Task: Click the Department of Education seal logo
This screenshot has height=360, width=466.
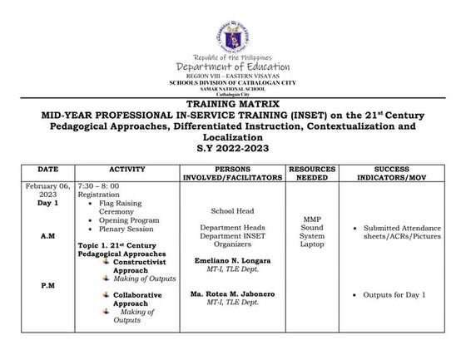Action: pos(233,29)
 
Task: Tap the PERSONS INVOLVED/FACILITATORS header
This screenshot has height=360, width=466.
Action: pos(232,172)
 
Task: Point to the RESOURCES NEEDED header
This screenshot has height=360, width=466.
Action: pos(311,172)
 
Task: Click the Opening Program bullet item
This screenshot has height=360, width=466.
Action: pos(124,219)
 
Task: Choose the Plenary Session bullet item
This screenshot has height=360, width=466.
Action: pos(122,229)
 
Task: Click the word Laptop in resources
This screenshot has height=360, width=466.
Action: pos(311,245)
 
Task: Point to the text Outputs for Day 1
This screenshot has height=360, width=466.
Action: pos(394,294)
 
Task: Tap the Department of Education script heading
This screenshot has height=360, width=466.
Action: pos(233,67)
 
